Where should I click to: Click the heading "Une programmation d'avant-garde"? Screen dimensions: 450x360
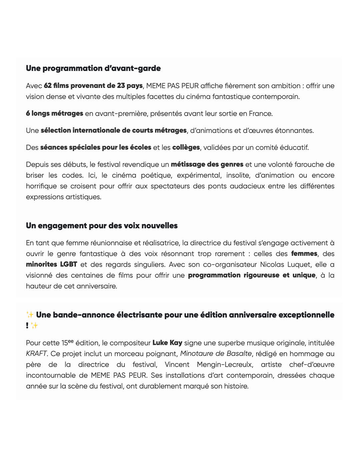click(93, 68)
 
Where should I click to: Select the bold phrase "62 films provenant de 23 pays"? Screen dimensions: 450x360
click(93, 86)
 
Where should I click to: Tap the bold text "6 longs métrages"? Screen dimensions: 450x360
click(54, 114)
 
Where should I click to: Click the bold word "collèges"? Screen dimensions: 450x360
click(186, 147)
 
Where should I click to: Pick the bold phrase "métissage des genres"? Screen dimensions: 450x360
click(207, 164)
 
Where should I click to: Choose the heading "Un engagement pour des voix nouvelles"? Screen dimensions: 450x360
click(102, 226)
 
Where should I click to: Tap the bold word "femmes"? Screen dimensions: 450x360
click(304, 254)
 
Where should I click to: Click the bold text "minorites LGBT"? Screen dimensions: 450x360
click(52, 264)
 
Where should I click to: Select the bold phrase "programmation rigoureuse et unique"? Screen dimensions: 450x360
click(252, 275)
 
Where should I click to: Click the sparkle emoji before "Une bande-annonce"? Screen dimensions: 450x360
click(30, 315)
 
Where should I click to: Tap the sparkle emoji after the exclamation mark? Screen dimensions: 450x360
click(34, 326)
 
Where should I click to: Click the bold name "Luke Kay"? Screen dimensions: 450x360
click(167, 343)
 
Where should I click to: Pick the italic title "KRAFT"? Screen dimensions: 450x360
click(36, 354)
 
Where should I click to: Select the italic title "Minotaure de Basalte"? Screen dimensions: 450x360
click(216, 354)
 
